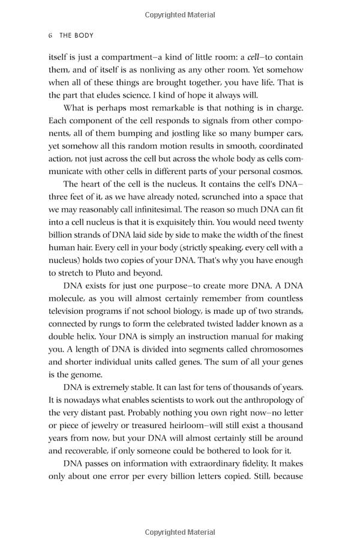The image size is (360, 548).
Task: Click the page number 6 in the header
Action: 50,35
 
